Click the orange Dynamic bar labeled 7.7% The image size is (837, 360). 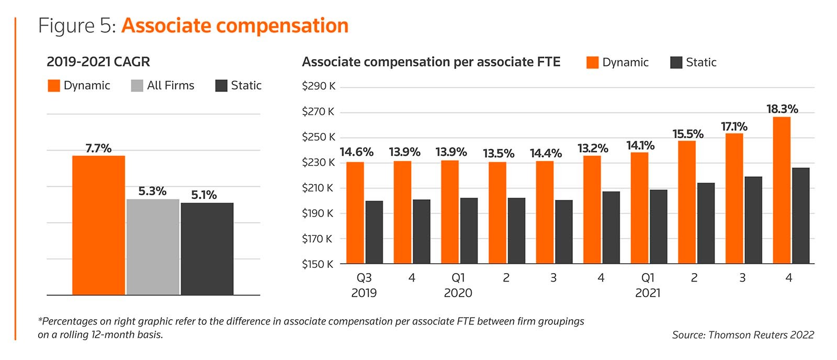point(98,225)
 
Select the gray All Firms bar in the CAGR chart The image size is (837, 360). point(153,247)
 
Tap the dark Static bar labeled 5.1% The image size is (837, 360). point(207,249)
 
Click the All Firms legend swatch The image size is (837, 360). point(137,86)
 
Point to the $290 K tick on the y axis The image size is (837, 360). point(318,86)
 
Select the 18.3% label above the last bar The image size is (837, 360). point(782,109)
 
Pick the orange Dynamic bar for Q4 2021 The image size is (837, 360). point(782,190)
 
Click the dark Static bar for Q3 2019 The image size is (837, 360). point(374,232)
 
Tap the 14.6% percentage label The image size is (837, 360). point(356,152)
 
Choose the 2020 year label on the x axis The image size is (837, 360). point(458,293)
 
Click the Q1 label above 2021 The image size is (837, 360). point(648,278)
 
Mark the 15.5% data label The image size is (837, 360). point(688,134)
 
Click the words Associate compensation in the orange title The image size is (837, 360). point(235,26)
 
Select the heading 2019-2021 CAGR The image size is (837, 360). point(98,62)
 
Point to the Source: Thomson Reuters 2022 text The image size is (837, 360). point(743,335)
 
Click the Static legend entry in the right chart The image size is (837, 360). point(694,62)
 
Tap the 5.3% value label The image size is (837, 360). point(152,192)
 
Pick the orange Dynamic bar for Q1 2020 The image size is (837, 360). point(450,212)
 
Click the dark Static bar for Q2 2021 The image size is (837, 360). point(706,223)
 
